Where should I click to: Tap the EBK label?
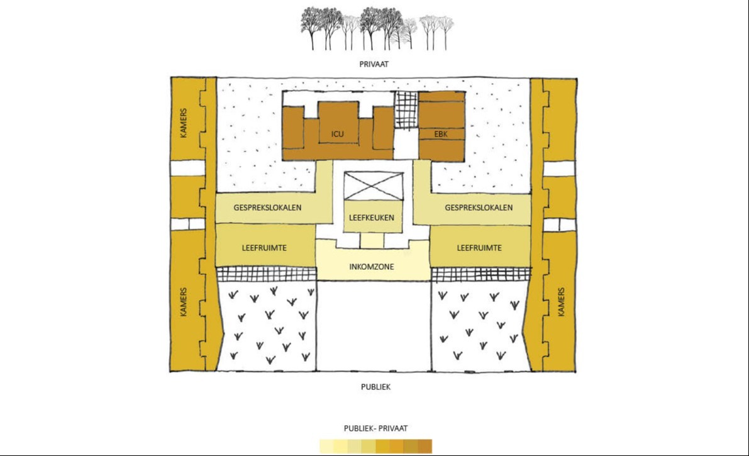(440, 133)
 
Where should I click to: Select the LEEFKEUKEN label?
(371, 218)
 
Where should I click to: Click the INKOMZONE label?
(372, 267)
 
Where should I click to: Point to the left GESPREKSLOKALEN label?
(267, 208)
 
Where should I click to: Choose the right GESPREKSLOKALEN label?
(479, 208)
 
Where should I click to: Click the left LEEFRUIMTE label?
(264, 248)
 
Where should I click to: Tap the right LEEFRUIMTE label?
(479, 248)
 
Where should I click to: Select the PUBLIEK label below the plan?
(375, 387)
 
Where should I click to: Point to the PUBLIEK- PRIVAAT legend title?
(375, 428)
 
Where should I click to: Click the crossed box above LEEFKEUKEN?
(372, 187)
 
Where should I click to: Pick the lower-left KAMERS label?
(184, 302)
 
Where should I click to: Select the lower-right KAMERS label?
(561, 302)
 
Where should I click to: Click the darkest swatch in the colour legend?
(425, 447)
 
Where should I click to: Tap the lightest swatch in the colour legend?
(326, 447)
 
